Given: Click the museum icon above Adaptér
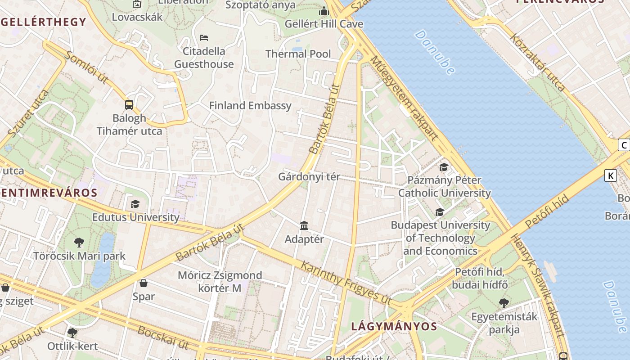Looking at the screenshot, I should (304, 225).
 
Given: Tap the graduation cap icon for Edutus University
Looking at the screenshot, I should (135, 204).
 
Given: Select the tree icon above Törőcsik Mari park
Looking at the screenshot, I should (79, 243).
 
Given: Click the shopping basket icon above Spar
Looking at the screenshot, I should (144, 283).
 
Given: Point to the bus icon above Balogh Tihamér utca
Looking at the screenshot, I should (129, 105).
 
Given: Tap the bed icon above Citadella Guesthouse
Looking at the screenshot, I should (204, 37).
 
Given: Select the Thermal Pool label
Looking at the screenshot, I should (298, 54).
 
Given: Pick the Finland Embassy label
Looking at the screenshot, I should (250, 106).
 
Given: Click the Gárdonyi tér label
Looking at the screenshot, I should (309, 176).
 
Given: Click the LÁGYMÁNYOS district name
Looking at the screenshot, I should (394, 326).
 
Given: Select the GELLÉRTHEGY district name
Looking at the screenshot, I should (43, 22).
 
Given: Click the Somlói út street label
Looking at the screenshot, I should (87, 67).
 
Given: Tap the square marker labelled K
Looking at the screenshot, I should (610, 175).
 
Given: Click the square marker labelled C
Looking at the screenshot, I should (624, 145).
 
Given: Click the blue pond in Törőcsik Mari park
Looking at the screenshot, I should (103, 261).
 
